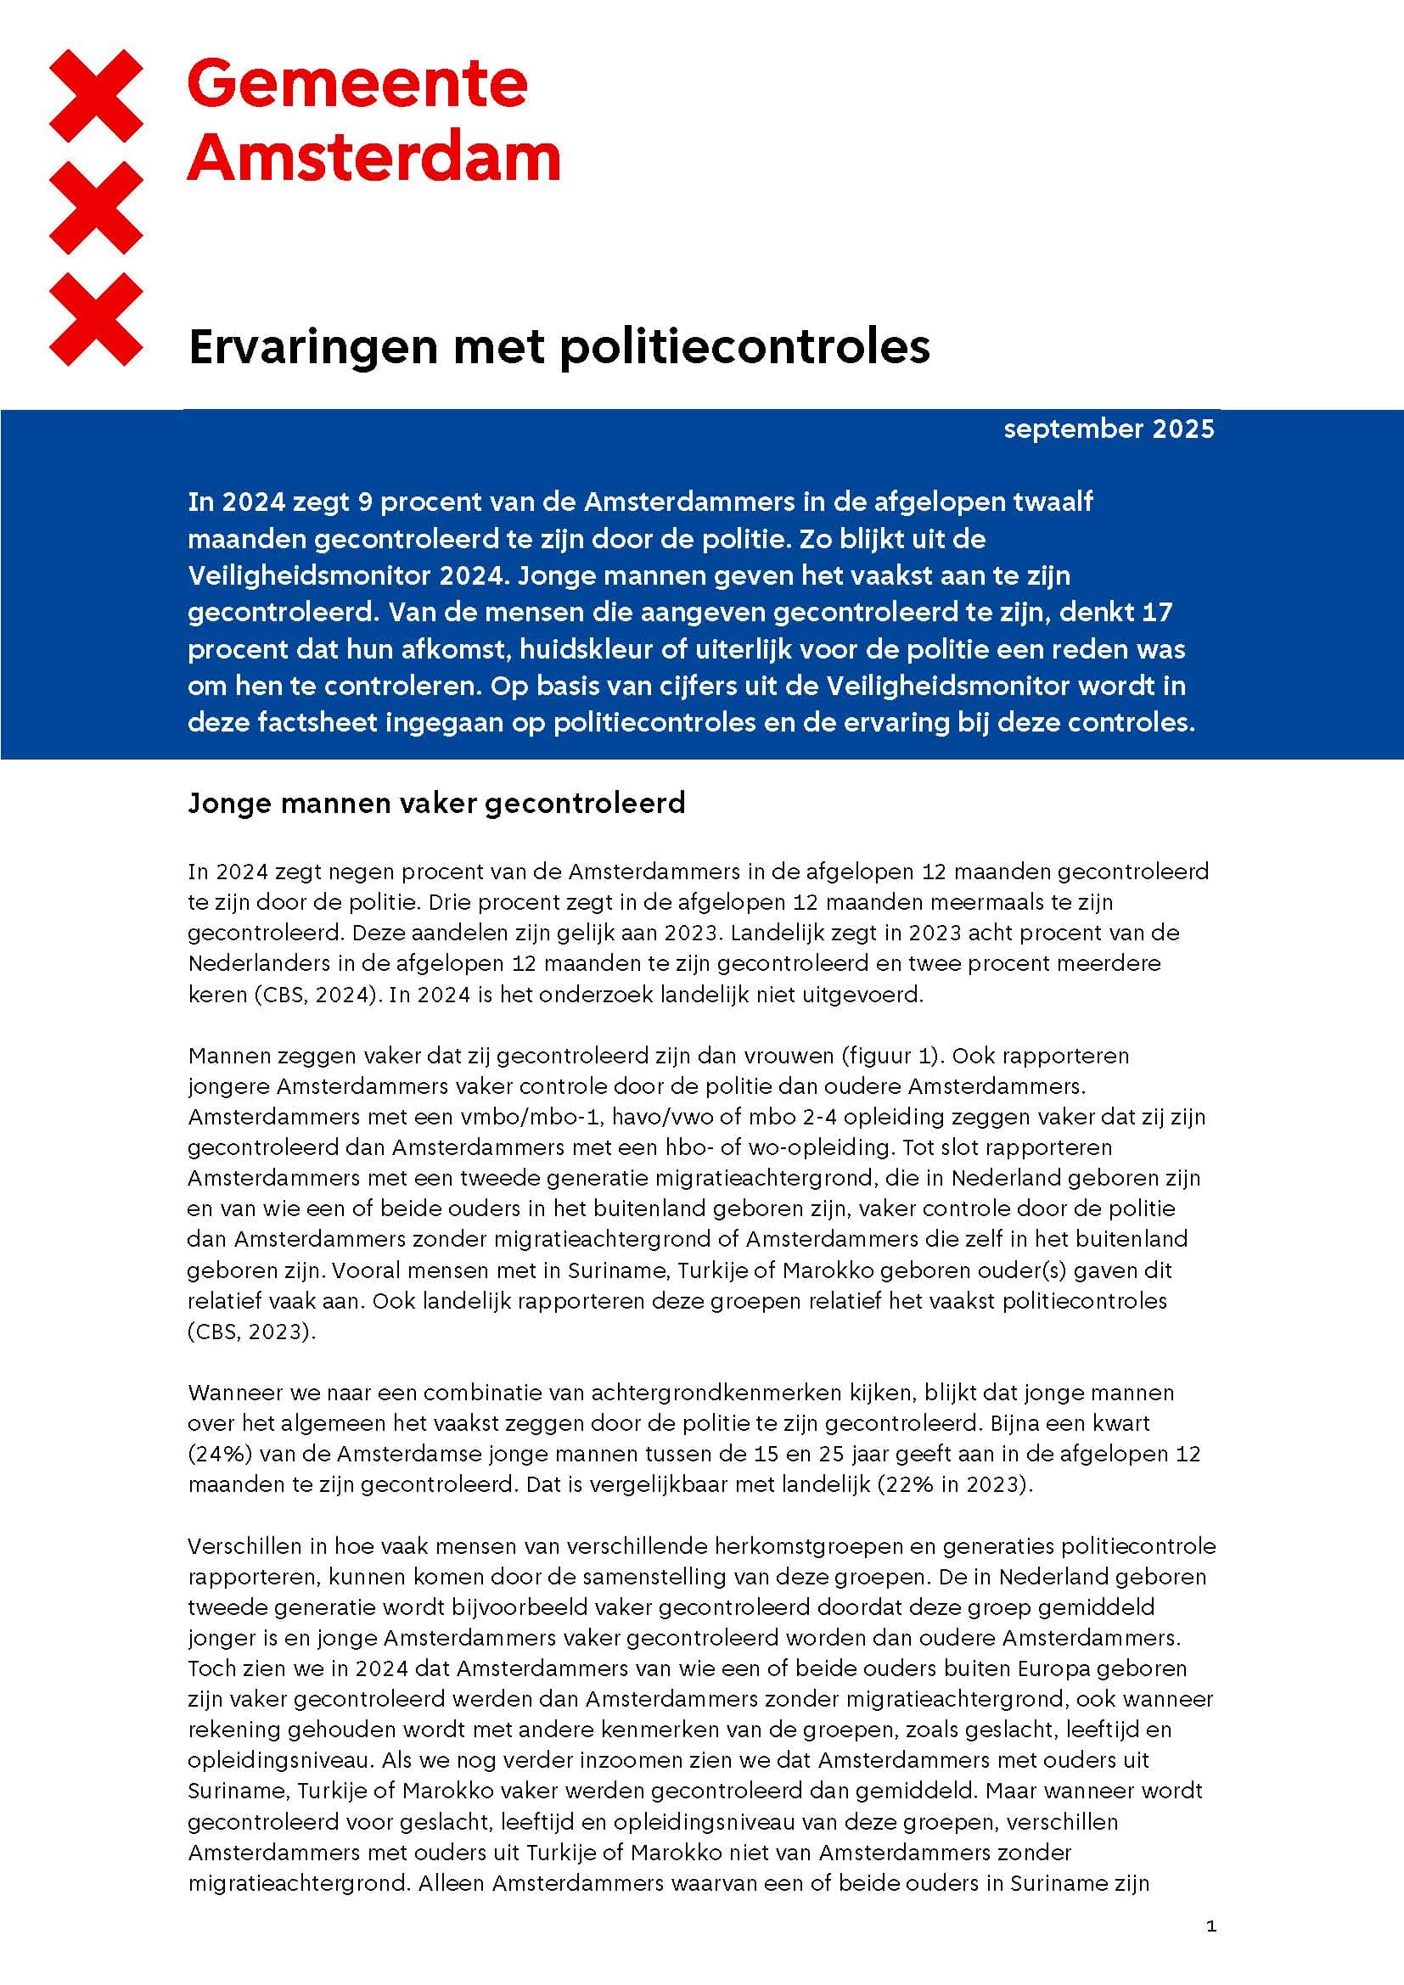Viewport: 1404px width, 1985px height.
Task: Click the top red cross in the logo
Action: pyautogui.click(x=96, y=95)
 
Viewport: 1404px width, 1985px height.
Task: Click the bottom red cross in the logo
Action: pyautogui.click(x=96, y=319)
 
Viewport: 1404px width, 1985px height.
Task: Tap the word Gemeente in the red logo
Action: pyautogui.click(x=357, y=84)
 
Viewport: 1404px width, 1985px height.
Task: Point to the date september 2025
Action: pyautogui.click(x=1109, y=429)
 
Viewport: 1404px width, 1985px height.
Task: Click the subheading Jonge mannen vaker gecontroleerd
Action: pyautogui.click(x=435, y=803)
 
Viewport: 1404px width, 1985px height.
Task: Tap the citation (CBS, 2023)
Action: pyautogui.click(x=251, y=1332)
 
